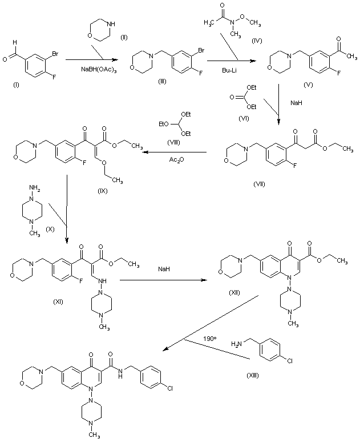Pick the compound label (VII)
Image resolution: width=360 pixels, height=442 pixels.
[262, 185]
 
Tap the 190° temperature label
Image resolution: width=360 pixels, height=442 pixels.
[210, 339]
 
